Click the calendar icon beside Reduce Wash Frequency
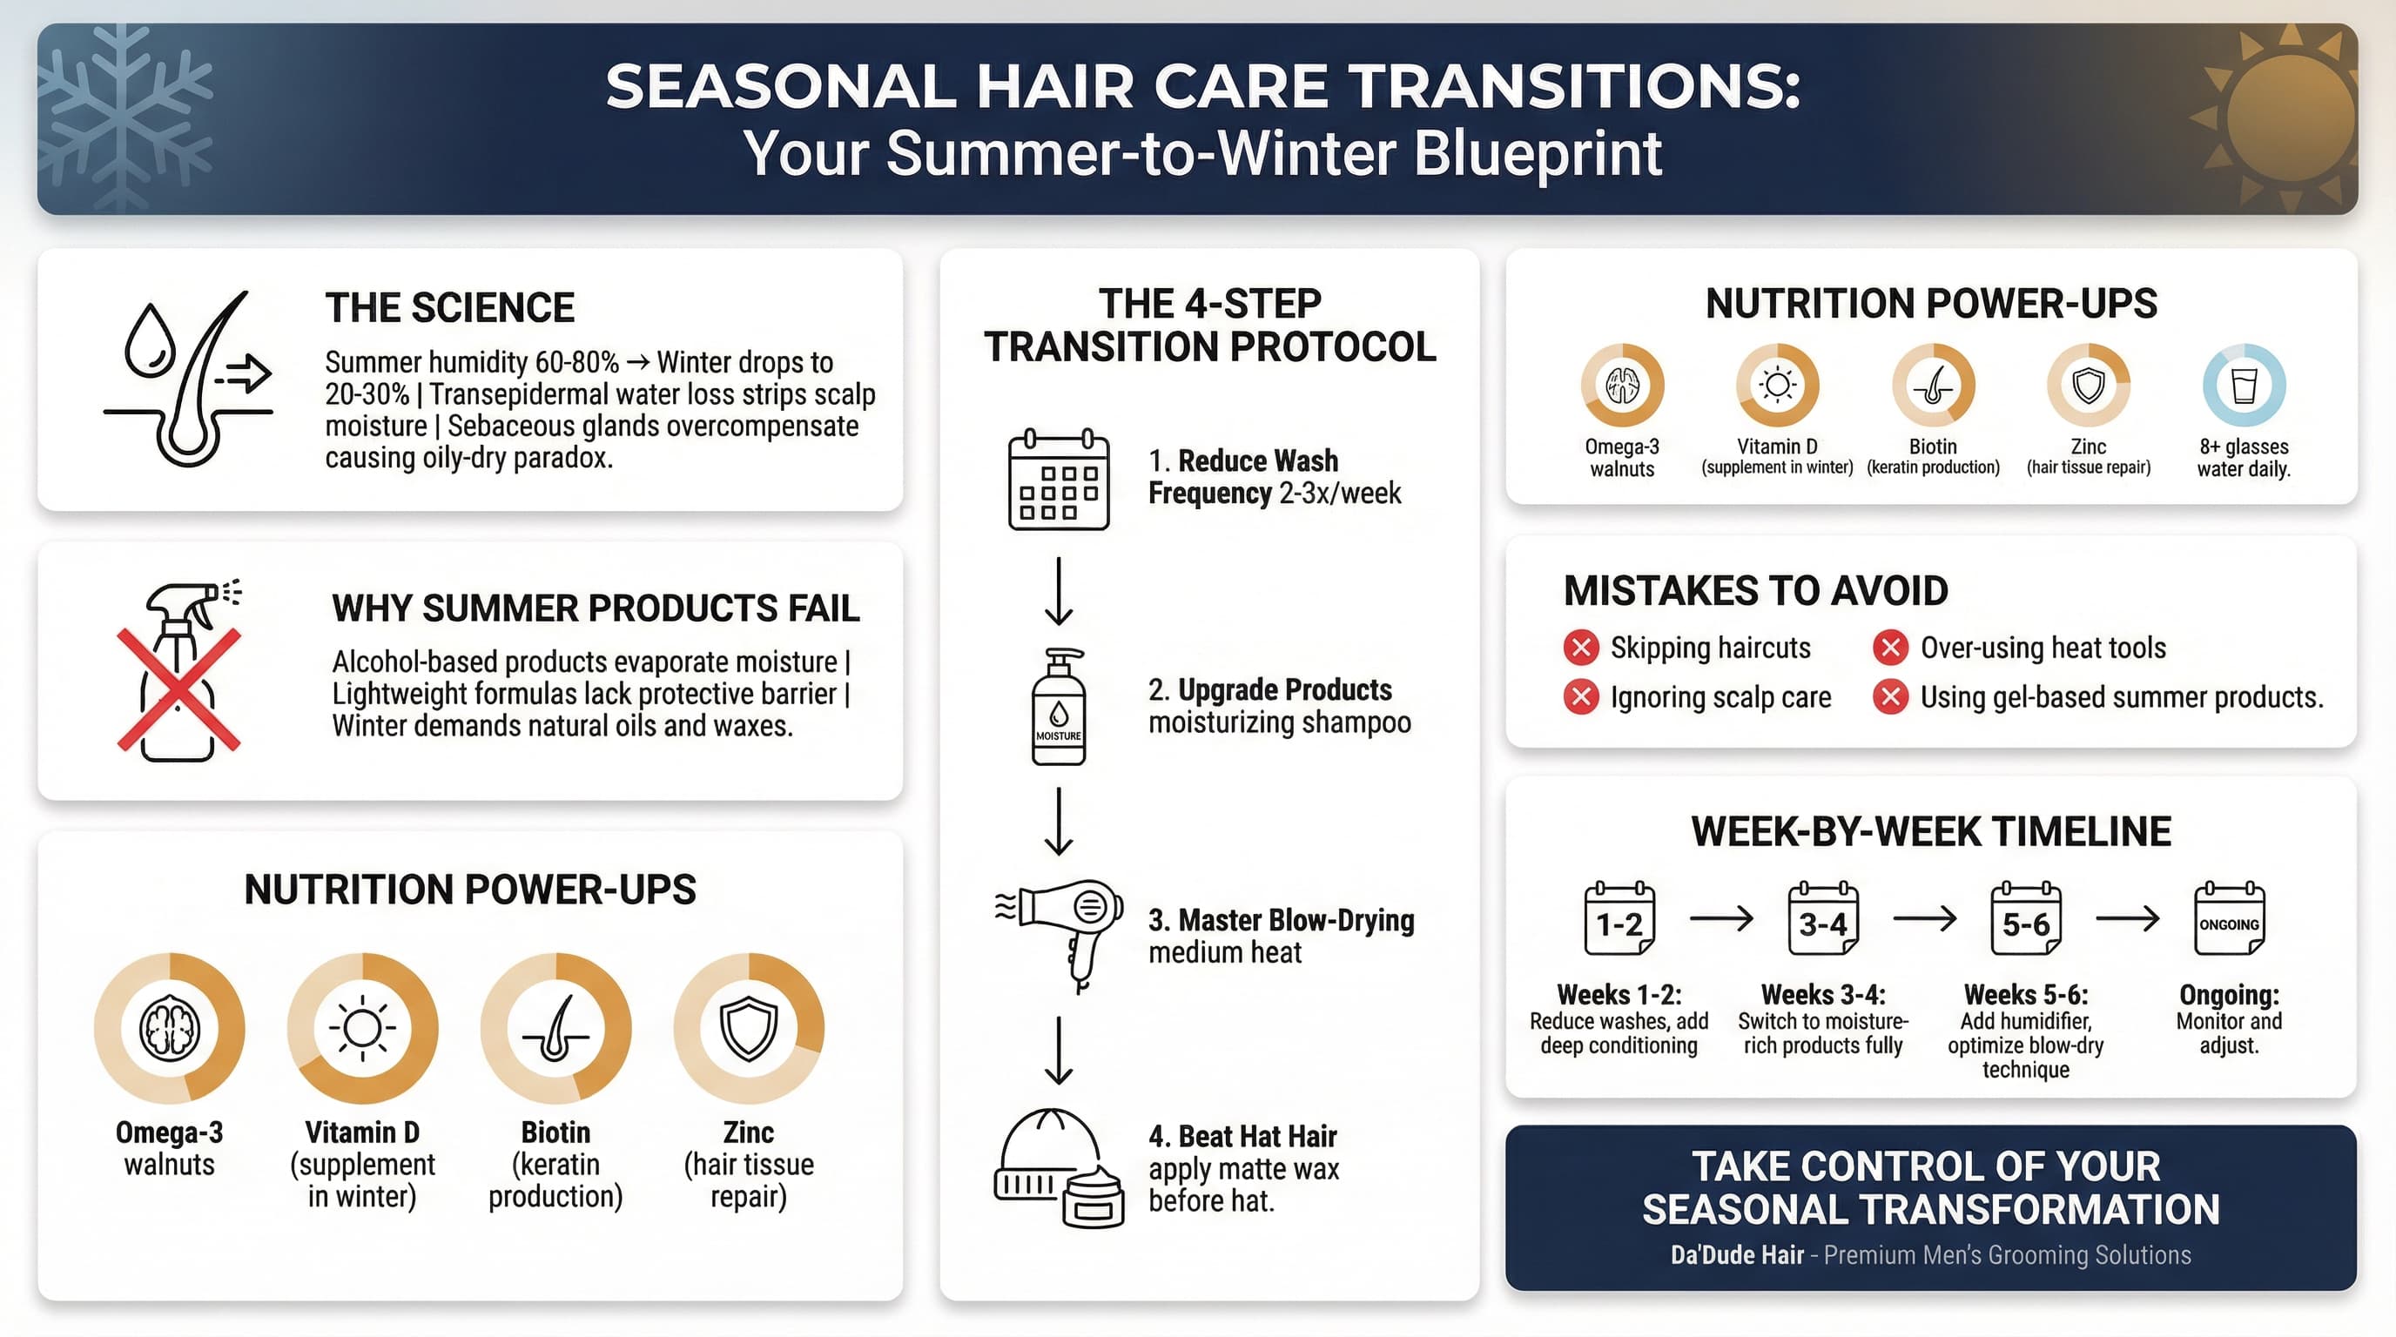pos(1059,480)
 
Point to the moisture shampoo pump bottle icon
pos(1059,708)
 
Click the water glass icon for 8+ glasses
pos(2244,385)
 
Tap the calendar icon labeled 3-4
pos(1822,919)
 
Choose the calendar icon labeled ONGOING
pos(2229,919)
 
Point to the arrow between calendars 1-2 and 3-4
pos(1720,919)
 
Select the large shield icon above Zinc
pos(749,1028)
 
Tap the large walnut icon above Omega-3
pos(169,1028)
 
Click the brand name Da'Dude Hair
pos(1737,1255)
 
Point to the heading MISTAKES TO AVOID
pos(1755,591)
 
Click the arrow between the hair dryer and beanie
pos(1059,1051)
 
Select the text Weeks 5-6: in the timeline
pos(2026,995)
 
